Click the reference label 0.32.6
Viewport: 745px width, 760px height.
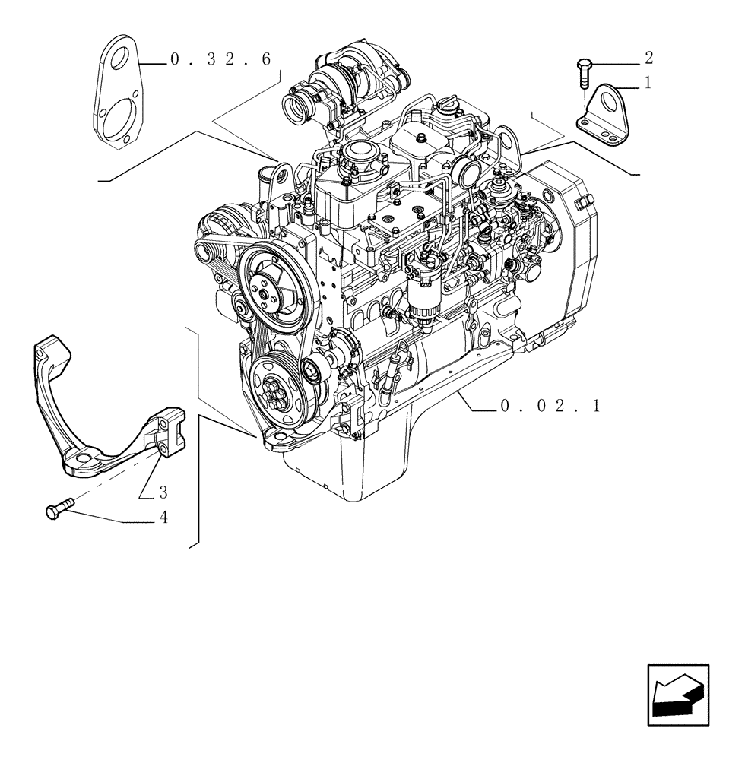pyautogui.click(x=220, y=61)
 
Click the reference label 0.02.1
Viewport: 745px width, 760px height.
pyautogui.click(x=550, y=407)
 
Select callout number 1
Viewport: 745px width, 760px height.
pyautogui.click(x=648, y=84)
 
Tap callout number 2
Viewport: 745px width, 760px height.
pyautogui.click(x=648, y=58)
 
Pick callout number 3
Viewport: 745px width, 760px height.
pyautogui.click(x=163, y=492)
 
